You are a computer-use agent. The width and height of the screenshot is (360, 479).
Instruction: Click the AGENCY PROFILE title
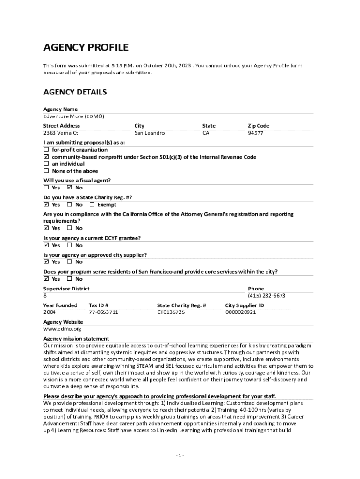[x=86, y=47]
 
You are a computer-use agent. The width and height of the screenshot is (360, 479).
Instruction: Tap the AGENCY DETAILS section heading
[x=75, y=92]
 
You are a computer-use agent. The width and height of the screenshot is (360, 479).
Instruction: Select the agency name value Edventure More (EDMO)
[x=74, y=116]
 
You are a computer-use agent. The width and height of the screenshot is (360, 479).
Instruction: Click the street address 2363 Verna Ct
[x=61, y=133]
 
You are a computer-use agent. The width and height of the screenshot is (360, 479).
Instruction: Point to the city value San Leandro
[x=150, y=133]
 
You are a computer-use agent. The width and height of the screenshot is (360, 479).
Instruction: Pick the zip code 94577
[x=255, y=133]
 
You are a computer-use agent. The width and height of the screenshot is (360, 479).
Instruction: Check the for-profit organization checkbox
[x=46, y=150]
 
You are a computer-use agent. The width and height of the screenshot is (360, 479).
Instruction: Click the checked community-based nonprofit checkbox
[x=46, y=157]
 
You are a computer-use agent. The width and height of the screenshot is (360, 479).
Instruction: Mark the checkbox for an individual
[x=46, y=164]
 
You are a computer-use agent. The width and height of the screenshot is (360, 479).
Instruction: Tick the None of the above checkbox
[x=46, y=171]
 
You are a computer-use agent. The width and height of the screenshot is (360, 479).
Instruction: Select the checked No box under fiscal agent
[x=70, y=188]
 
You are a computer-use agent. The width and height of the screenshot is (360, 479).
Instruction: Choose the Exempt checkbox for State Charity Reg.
[x=92, y=204]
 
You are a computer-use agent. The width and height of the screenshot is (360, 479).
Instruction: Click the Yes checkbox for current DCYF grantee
[x=46, y=245]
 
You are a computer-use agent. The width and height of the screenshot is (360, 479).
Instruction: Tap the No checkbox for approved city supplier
[x=70, y=262]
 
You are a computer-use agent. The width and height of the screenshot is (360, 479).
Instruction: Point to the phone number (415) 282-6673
[x=266, y=296]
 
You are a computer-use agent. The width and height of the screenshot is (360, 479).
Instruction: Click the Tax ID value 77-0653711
[x=103, y=312]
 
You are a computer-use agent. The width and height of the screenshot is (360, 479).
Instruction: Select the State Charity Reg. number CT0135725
[x=171, y=312]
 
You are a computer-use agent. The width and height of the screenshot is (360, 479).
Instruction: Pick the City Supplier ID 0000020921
[x=240, y=312]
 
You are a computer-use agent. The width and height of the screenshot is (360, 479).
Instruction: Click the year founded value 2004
[x=50, y=312]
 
